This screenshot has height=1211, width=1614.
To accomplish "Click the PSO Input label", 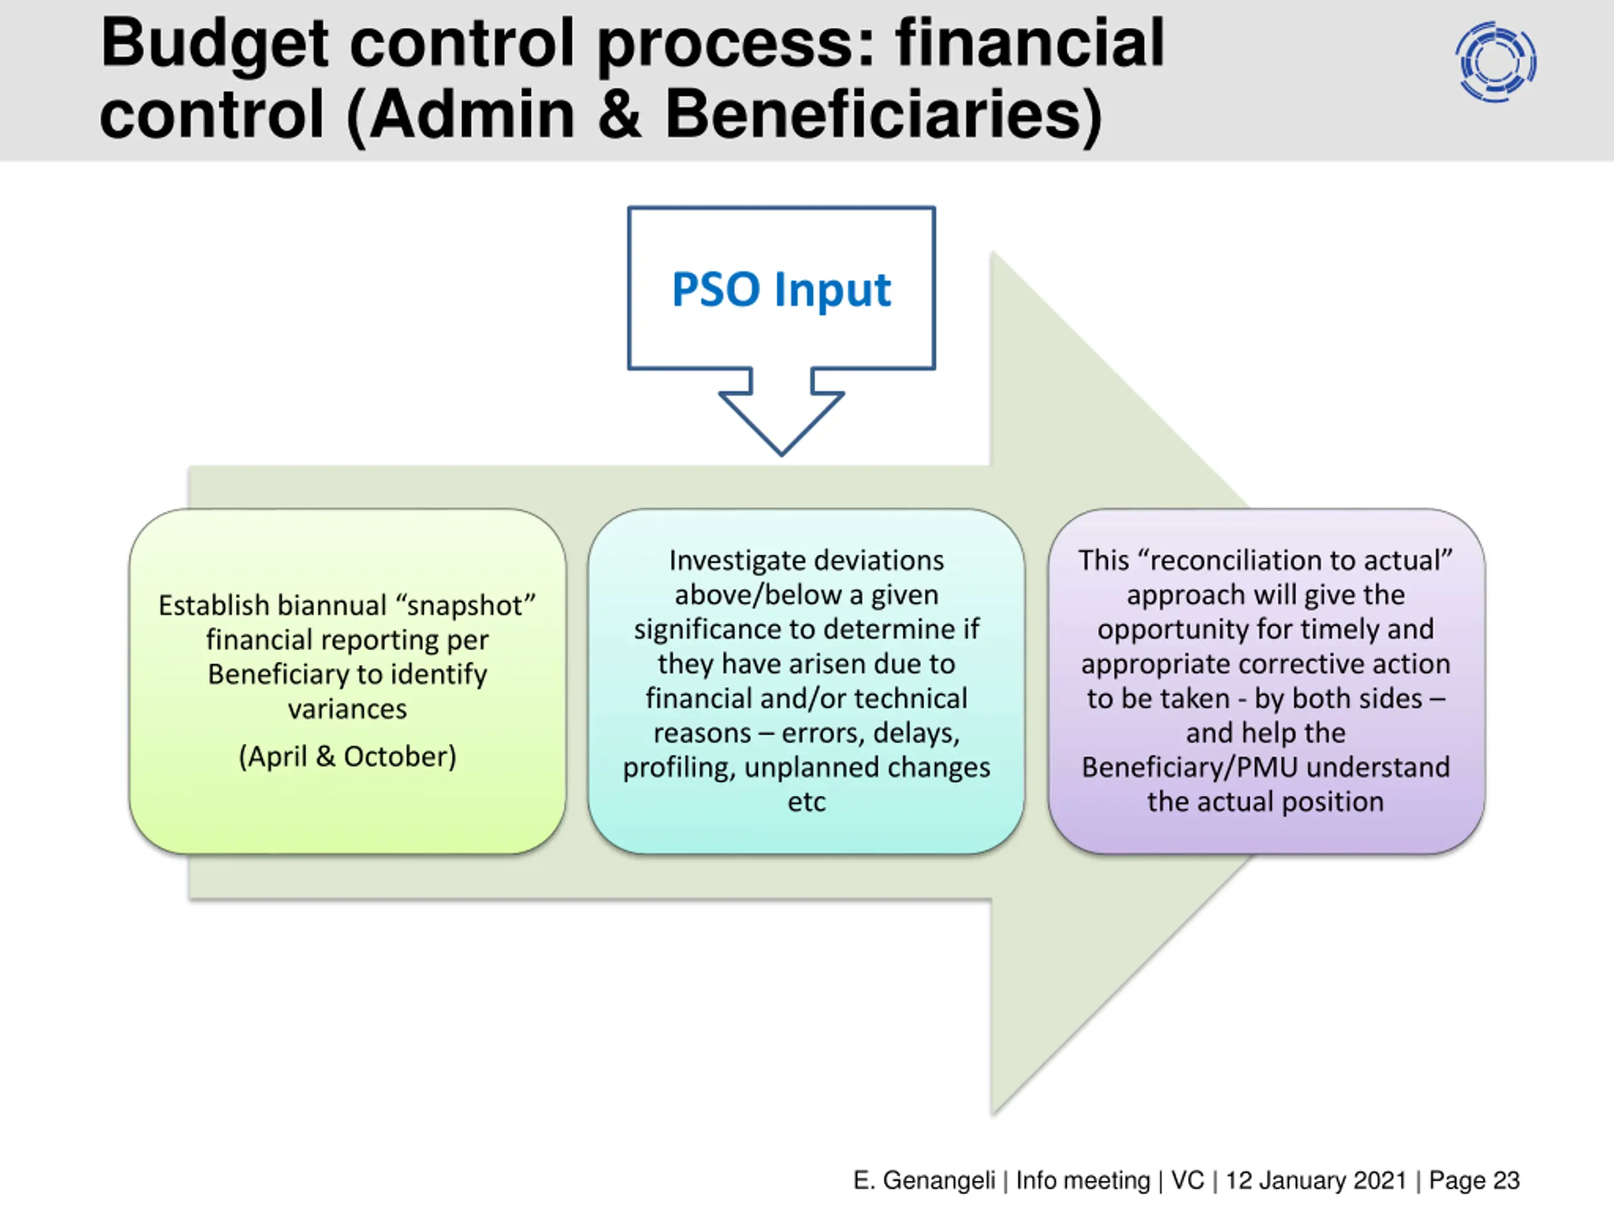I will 781,290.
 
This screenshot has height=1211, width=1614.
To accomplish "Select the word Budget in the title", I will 214,44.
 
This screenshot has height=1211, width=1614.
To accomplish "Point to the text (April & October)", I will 347,756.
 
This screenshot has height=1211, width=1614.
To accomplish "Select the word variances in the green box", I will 347,709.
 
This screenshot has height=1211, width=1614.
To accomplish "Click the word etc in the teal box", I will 806,802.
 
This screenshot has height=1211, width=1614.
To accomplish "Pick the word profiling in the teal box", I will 678,767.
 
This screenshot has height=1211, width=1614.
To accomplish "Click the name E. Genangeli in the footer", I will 924,1180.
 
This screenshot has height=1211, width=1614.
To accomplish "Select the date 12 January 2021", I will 1316,1180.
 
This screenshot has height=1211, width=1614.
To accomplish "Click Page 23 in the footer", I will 1473,1180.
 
